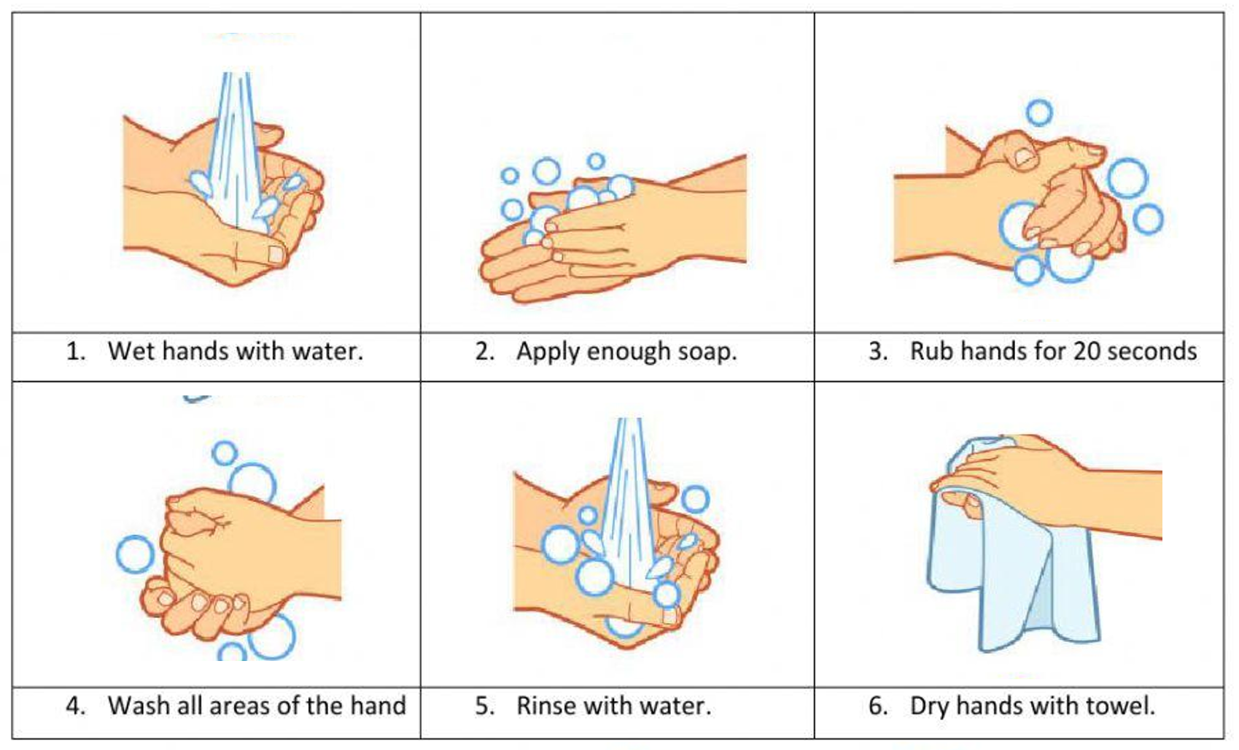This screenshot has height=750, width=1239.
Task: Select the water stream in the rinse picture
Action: point(627,498)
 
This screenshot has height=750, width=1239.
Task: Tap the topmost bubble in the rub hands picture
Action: point(1039,113)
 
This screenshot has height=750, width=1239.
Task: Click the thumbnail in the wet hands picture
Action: point(276,254)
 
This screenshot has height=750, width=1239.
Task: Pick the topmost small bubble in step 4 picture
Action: point(225,453)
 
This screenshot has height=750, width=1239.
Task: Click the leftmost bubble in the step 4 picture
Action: point(135,554)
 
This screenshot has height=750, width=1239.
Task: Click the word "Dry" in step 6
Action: point(929,708)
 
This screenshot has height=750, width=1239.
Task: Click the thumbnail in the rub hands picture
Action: point(1025,158)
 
